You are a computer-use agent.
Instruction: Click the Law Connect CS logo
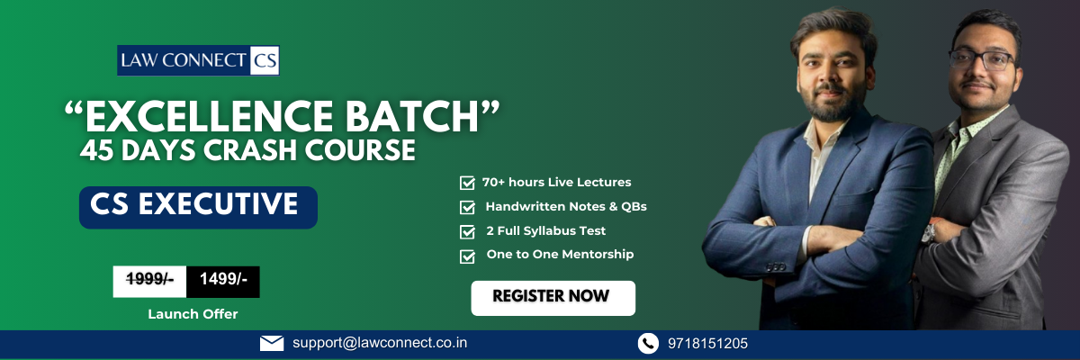[198, 60]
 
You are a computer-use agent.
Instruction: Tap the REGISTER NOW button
[553, 298]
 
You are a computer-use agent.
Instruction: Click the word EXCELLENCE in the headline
[209, 116]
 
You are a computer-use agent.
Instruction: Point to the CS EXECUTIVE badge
[198, 207]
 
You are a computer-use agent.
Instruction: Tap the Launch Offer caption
[193, 314]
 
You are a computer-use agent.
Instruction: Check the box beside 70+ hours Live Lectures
[467, 183]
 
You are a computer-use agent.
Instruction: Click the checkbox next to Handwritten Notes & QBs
[467, 207]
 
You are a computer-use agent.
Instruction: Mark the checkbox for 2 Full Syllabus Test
[467, 231]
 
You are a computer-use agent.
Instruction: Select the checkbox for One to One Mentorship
[467, 256]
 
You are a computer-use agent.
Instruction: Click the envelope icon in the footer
[272, 344]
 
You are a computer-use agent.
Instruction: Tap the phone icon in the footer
[648, 344]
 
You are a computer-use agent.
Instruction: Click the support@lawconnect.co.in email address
[380, 343]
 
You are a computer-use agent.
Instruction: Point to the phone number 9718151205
[707, 344]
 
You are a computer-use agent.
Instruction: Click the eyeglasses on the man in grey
[982, 59]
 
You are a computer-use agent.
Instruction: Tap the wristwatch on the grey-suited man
[929, 233]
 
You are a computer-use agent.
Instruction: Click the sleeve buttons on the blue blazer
[775, 266]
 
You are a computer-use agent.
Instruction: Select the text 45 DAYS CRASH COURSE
[247, 150]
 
